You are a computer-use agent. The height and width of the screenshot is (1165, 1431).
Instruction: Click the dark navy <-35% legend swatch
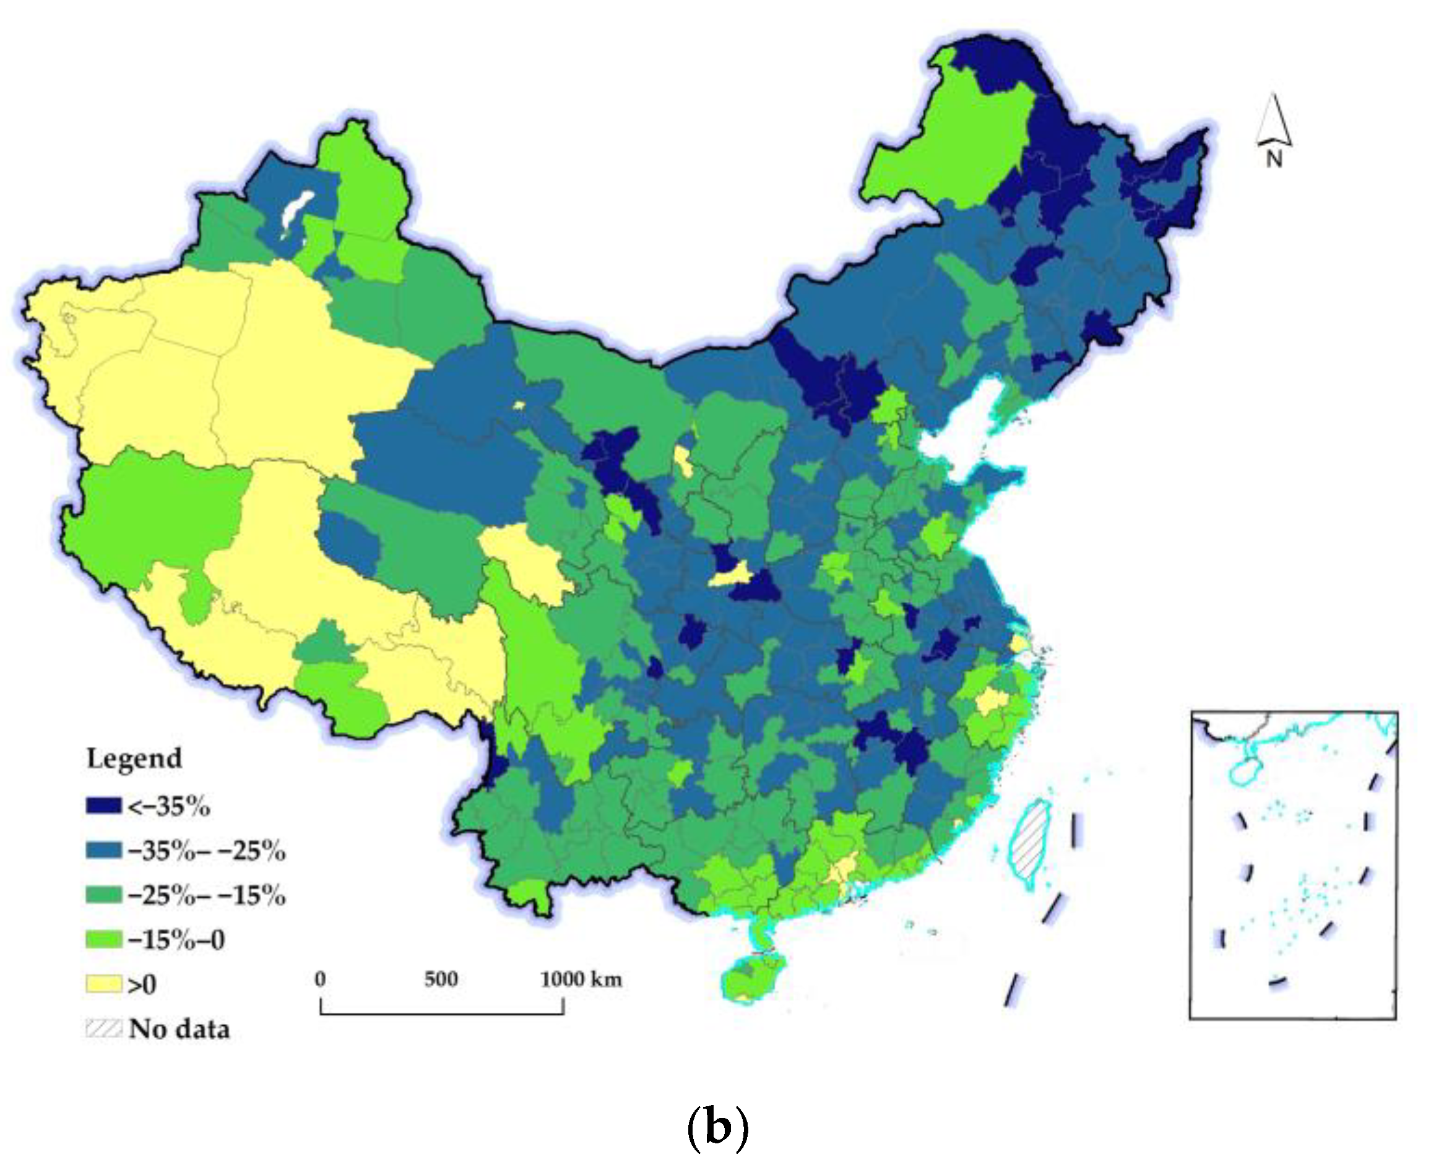(103, 806)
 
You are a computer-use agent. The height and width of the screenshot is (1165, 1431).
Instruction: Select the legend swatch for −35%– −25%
(103, 850)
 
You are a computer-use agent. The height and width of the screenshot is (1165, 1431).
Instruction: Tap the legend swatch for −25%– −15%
(103, 895)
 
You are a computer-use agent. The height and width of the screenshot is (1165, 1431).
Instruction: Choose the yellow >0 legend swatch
(103, 984)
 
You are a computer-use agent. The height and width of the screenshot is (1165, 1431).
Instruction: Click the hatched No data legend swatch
(103, 1028)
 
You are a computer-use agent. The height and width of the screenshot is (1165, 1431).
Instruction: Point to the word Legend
(134, 759)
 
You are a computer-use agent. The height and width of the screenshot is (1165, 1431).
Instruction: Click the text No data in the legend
(179, 1029)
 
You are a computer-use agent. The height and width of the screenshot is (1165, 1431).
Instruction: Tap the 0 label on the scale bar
(320, 979)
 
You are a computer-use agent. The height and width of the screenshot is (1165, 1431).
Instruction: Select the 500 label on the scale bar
(441, 979)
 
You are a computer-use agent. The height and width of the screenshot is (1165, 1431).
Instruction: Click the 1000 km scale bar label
(581, 979)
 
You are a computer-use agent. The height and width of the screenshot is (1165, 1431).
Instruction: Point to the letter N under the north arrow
(1274, 159)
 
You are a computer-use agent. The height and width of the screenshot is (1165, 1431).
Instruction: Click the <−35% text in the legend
(168, 806)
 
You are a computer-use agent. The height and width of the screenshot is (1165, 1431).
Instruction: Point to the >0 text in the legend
(142, 984)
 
